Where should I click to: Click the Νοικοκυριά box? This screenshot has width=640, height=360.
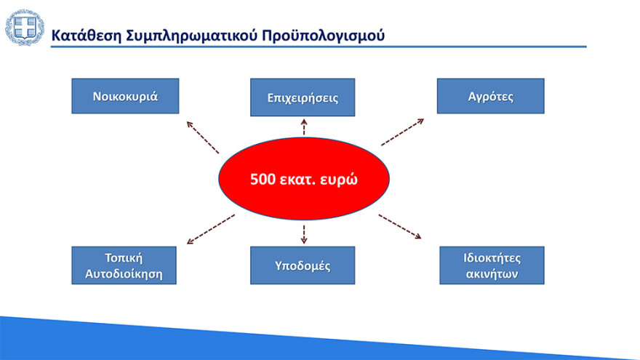125,96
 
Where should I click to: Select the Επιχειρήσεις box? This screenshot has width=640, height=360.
303,97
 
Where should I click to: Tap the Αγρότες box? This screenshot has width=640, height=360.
490,96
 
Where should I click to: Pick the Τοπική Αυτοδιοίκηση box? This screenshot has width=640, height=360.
124,265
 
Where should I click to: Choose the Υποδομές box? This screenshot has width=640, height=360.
303,265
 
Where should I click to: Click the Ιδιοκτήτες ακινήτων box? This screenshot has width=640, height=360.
492,265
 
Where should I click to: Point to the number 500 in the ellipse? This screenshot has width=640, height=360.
263,180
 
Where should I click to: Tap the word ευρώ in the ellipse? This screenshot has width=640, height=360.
338,180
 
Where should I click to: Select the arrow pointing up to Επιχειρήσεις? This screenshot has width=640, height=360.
304,127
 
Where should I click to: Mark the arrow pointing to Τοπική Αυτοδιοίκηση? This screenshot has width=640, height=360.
211,229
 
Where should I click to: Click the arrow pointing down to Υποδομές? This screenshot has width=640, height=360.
304,233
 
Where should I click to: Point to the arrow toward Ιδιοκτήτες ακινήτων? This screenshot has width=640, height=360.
399,226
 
